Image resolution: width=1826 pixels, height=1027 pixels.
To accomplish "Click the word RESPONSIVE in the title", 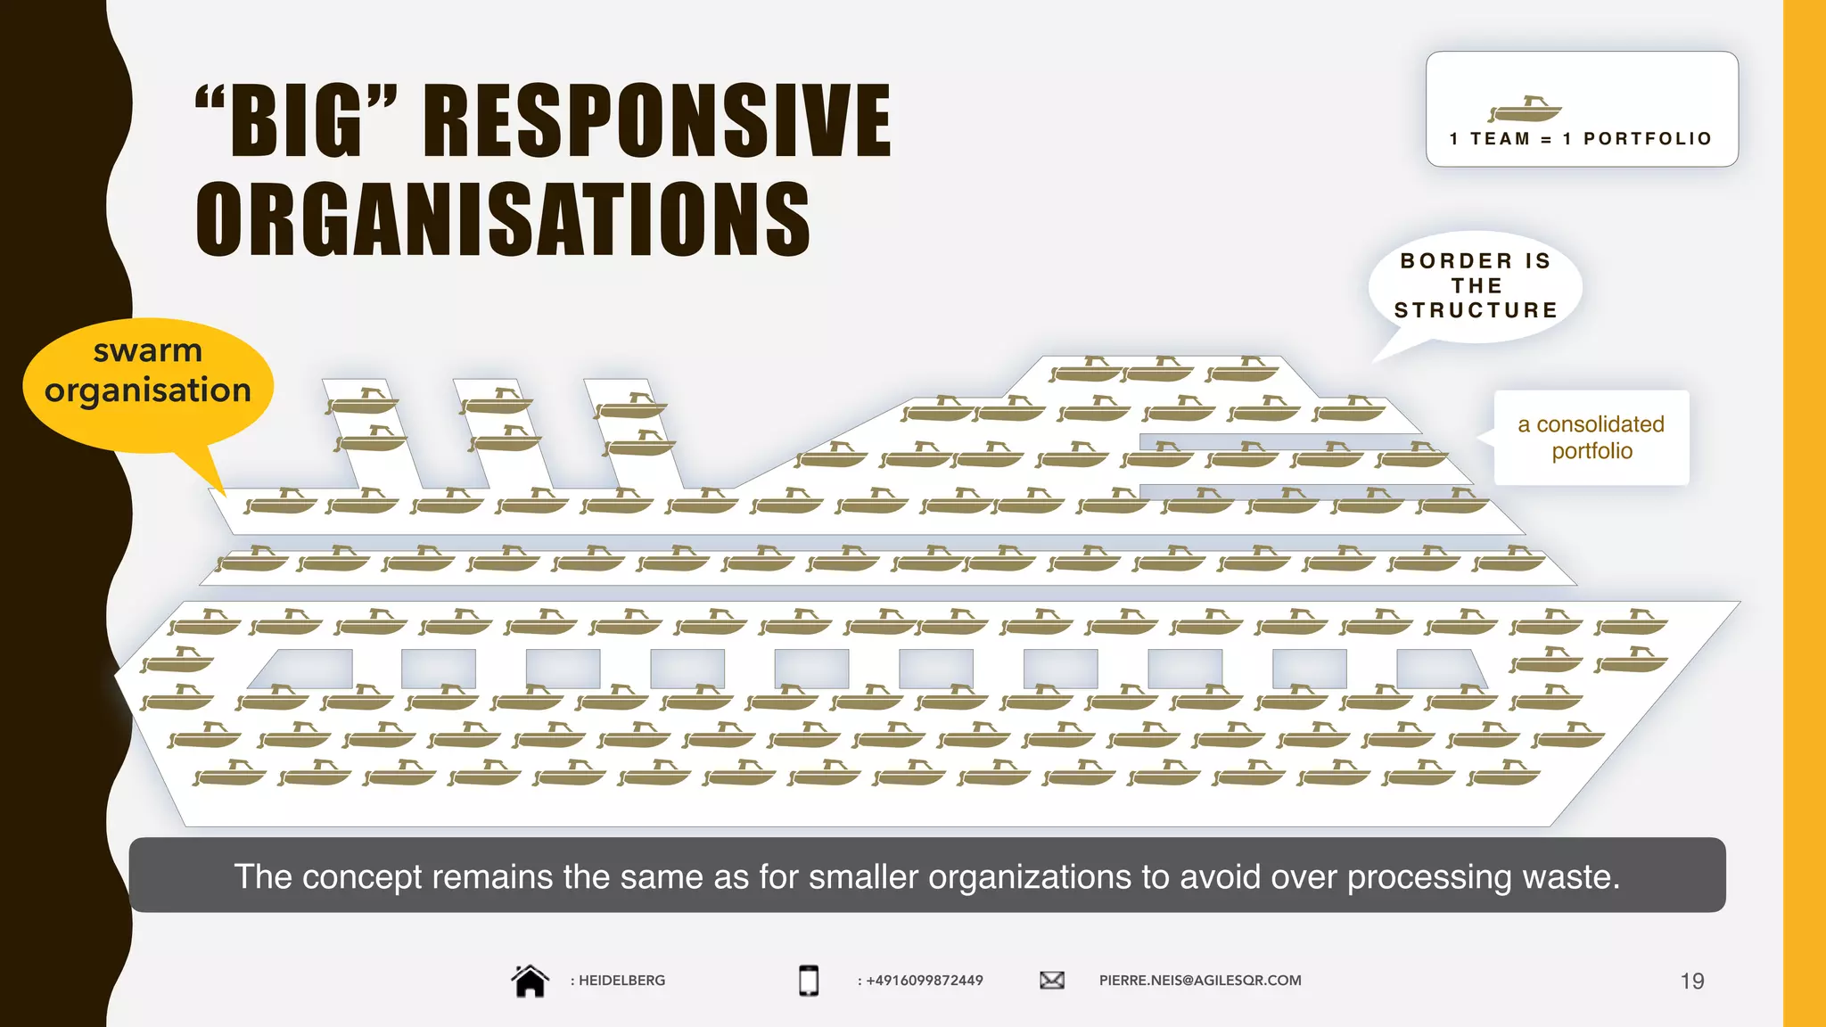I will [657, 120].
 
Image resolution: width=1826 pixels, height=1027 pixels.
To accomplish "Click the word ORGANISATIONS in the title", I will [503, 219].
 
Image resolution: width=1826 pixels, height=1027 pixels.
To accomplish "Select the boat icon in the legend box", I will [1526, 110].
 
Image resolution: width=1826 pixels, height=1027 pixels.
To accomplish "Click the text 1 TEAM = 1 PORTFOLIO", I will [1581, 139].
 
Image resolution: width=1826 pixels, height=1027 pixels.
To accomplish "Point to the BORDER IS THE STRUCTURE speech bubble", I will [1476, 286].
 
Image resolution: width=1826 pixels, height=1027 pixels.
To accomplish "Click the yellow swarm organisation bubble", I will [148, 382].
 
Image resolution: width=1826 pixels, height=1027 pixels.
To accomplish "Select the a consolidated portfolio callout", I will [1592, 438].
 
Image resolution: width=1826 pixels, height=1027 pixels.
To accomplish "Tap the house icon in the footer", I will [530, 981].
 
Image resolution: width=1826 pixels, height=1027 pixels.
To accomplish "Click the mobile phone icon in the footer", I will [809, 981].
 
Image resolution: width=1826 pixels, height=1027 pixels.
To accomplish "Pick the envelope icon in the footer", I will [1052, 981].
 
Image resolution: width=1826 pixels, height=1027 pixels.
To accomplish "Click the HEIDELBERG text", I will [621, 981].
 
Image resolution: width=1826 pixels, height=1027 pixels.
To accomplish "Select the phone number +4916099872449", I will [924, 981].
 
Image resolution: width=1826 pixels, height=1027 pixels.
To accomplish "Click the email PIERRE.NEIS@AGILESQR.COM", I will [1200, 981].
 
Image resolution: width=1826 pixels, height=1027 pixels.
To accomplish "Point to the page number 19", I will [1691, 982].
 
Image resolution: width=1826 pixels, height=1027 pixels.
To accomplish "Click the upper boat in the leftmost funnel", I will [364, 400].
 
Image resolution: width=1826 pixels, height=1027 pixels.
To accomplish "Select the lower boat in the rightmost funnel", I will [639, 442].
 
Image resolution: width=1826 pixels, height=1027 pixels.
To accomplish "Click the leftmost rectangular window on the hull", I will [308, 669].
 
